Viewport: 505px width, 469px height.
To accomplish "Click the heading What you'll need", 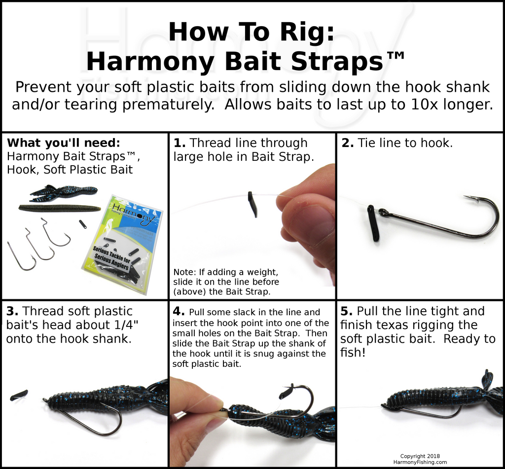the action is [64, 143].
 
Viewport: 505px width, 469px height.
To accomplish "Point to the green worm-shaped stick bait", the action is [60, 208].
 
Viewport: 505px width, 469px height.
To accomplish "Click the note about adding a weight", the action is [226, 282].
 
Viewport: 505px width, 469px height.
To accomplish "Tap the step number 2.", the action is [347, 143].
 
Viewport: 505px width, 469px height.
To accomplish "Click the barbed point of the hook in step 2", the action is [471, 198].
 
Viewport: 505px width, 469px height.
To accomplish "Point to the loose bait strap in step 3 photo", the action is [19, 395].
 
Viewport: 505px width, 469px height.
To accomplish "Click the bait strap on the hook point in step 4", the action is [286, 392].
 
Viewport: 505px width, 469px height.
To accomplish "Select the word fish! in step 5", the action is [353, 353].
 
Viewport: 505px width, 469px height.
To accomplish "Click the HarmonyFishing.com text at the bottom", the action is [420, 462].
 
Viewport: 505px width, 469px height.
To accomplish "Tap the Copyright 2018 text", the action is [420, 456].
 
